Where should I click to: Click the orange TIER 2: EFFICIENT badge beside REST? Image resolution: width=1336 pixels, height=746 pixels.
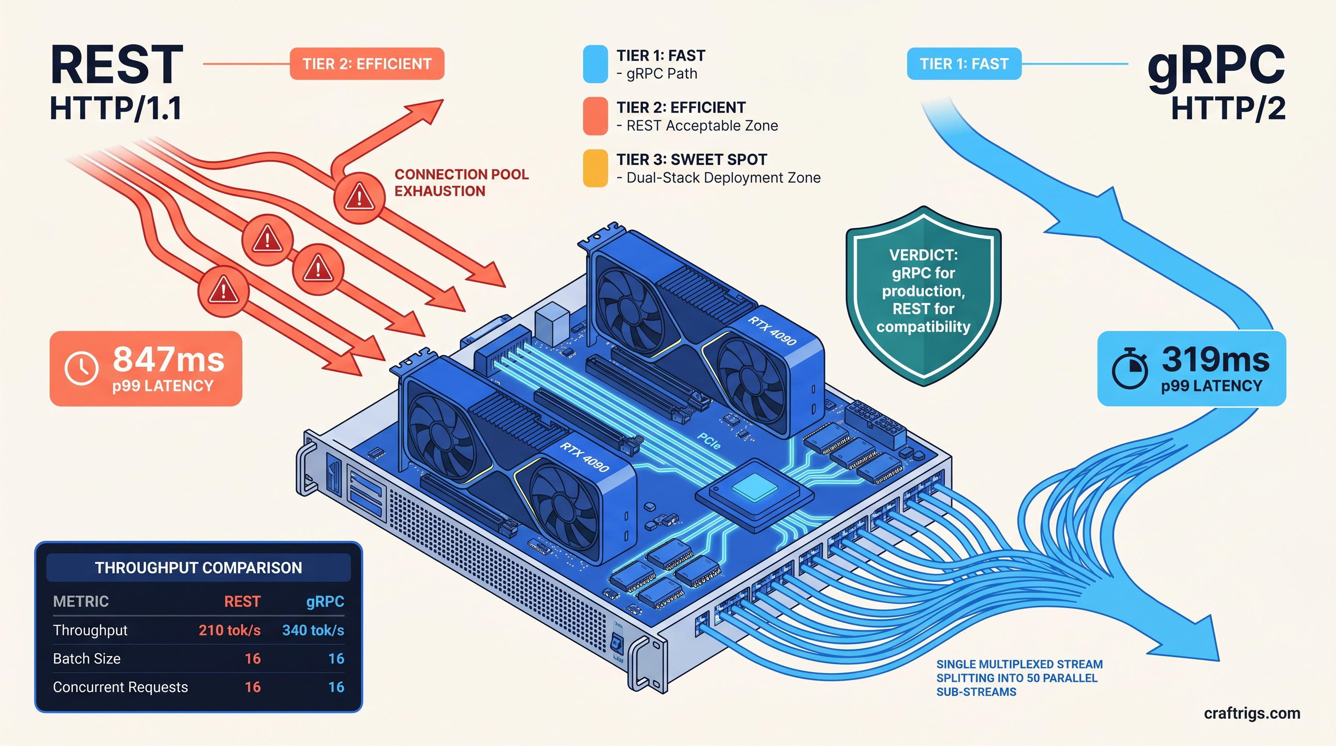click(x=367, y=64)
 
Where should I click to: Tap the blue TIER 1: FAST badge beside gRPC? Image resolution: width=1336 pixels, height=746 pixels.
click(x=964, y=64)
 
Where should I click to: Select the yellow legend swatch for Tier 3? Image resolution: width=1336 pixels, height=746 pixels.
click(x=595, y=168)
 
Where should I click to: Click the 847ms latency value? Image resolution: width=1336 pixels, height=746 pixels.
click(x=168, y=359)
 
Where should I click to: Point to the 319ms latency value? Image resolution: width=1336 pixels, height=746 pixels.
click(x=1215, y=359)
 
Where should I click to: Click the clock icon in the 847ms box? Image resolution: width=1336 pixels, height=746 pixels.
click(x=82, y=368)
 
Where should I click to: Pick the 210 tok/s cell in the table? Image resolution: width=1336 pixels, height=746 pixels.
click(x=229, y=630)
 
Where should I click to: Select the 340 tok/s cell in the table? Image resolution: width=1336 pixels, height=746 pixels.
click(x=313, y=630)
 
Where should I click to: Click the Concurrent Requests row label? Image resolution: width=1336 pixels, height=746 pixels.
click(x=120, y=687)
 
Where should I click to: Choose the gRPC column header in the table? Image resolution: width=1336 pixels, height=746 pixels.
click(x=325, y=601)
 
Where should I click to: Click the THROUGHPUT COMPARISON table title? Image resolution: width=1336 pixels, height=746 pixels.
click(x=198, y=568)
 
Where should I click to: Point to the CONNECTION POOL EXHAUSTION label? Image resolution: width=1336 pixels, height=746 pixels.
click(x=461, y=183)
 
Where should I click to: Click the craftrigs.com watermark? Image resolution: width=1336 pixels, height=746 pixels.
click(x=1252, y=713)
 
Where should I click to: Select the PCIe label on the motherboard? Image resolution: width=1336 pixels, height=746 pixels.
click(x=709, y=441)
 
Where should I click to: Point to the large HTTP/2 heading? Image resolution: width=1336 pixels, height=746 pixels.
click(x=1228, y=109)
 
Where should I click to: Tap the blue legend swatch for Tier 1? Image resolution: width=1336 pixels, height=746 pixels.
click(x=595, y=64)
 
